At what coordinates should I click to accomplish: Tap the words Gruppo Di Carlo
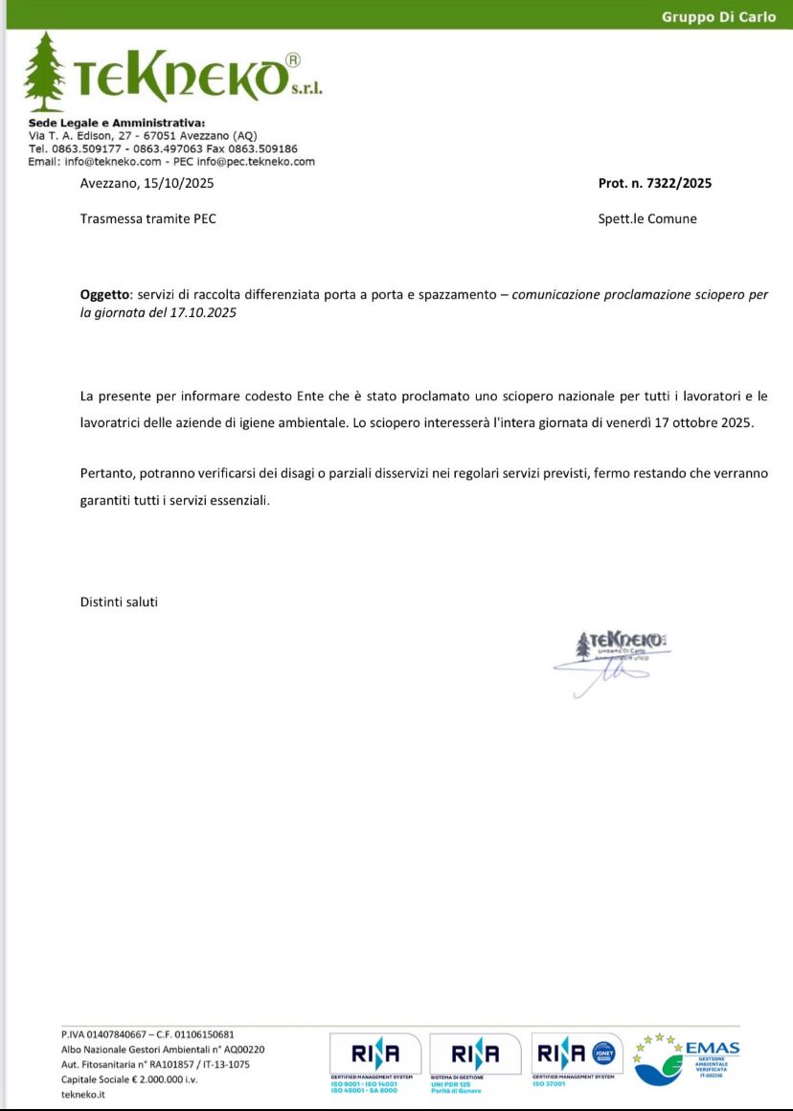(x=718, y=17)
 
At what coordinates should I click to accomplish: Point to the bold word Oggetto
(x=102, y=295)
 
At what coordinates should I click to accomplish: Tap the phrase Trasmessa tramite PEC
(x=148, y=218)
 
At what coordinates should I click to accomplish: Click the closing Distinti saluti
(x=119, y=602)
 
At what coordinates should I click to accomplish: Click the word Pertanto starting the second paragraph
(x=107, y=473)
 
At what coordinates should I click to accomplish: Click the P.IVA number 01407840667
(x=120, y=1034)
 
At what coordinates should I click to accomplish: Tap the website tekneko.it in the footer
(x=83, y=1095)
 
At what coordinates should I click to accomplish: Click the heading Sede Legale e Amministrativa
(x=117, y=124)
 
